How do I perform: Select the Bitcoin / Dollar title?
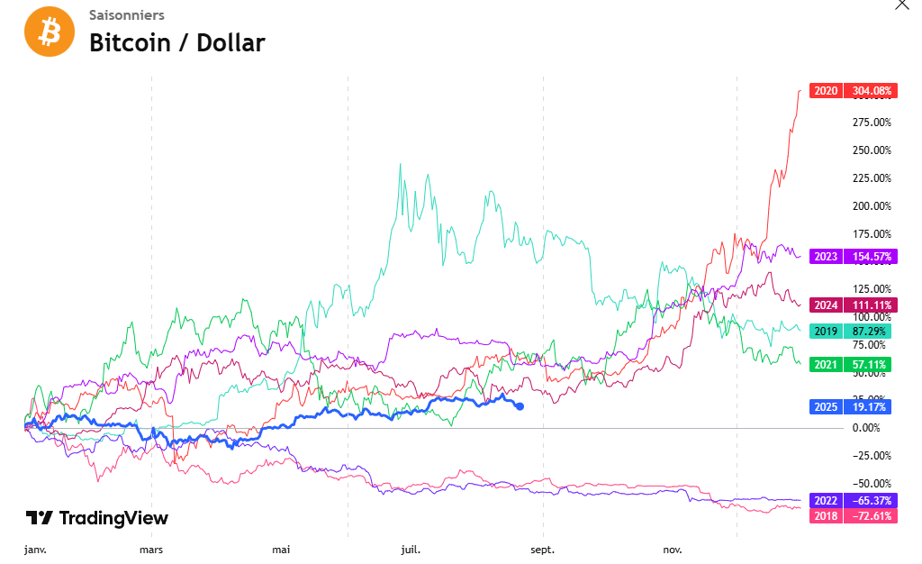[176, 42]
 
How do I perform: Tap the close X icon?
[902, 5]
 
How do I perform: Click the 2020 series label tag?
[826, 91]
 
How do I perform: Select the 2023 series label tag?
[826, 257]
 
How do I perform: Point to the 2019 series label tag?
[826, 332]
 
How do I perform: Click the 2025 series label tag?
[826, 407]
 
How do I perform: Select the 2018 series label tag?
[826, 516]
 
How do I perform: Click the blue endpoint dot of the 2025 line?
[520, 406]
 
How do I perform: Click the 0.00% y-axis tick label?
[872, 428]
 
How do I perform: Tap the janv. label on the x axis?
[34, 549]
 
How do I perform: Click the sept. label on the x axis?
[542, 549]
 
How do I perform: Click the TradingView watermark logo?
[96, 518]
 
